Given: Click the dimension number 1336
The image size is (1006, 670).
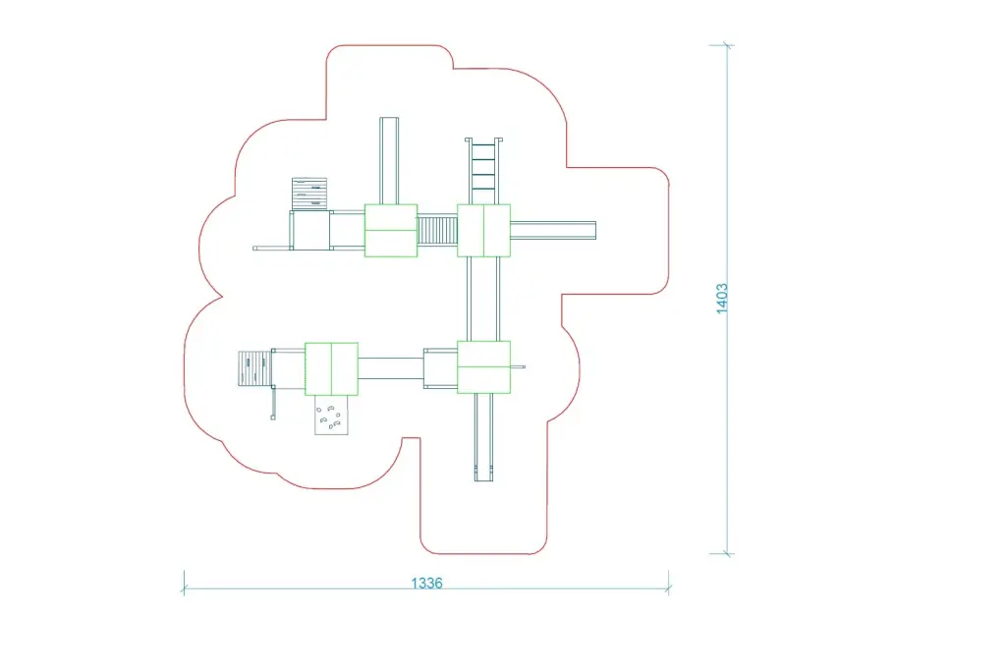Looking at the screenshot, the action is point(426,583).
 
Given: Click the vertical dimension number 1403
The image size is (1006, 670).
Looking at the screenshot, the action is point(722,299).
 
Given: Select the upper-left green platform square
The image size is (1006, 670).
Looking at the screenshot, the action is point(391,231).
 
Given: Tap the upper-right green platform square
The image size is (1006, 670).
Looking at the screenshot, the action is point(483,231).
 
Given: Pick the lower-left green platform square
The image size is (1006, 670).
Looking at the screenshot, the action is point(331,369).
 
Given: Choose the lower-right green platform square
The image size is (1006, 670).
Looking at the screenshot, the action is point(483,367).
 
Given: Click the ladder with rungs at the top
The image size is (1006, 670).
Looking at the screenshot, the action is point(483,171).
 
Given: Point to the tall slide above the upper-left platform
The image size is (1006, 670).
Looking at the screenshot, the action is point(389,160).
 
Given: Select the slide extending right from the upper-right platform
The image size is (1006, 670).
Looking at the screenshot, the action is point(553,231).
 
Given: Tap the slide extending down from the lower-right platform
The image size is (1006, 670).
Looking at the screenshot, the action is point(483,437).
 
